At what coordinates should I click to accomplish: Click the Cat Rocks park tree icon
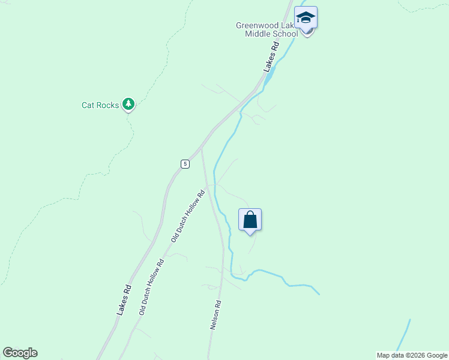pyautogui.click(x=128, y=104)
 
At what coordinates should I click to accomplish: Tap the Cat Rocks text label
pyautogui.click(x=100, y=105)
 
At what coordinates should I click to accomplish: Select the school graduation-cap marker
pyautogui.click(x=306, y=18)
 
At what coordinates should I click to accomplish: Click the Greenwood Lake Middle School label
pyautogui.click(x=267, y=30)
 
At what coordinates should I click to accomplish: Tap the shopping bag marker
pyautogui.click(x=250, y=220)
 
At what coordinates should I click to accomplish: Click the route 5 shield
pyautogui.click(x=185, y=164)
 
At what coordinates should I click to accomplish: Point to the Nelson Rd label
pyautogui.click(x=216, y=315)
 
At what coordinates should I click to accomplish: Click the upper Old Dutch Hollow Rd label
pyautogui.click(x=187, y=216)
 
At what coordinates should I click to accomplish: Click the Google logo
pyautogui.click(x=20, y=353)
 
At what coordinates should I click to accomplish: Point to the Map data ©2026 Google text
pyautogui.click(x=412, y=355)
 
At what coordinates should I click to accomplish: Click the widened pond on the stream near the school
pyautogui.click(x=271, y=75)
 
